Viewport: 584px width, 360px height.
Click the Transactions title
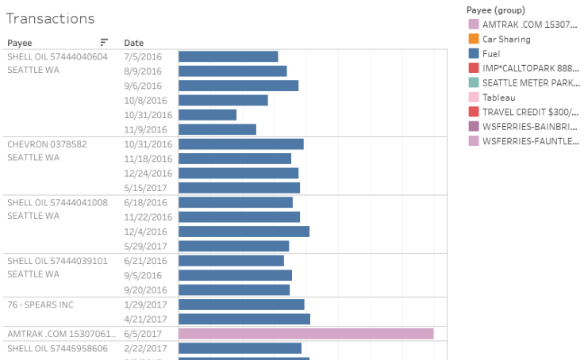click(50, 18)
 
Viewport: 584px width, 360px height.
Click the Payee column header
click(21, 42)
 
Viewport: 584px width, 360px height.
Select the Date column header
click(133, 42)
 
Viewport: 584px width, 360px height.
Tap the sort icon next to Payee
click(104, 42)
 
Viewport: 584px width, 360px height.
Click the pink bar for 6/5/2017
click(305, 334)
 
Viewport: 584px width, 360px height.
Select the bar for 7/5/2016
click(228, 56)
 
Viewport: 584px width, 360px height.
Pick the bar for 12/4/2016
click(244, 232)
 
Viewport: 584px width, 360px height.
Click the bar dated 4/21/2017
click(244, 319)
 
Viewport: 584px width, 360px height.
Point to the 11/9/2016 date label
click(146, 129)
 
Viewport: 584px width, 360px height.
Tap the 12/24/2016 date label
click(148, 173)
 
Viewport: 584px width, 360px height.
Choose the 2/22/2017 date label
click(146, 348)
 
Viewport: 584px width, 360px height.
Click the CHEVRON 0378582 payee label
click(47, 144)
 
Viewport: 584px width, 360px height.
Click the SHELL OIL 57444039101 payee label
click(57, 261)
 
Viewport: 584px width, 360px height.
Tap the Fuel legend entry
click(491, 53)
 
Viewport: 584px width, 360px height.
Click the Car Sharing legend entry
click(506, 39)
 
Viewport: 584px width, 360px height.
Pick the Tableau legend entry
click(498, 97)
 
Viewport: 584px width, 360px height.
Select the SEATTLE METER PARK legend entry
click(530, 82)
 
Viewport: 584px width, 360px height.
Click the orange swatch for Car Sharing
click(474, 39)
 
